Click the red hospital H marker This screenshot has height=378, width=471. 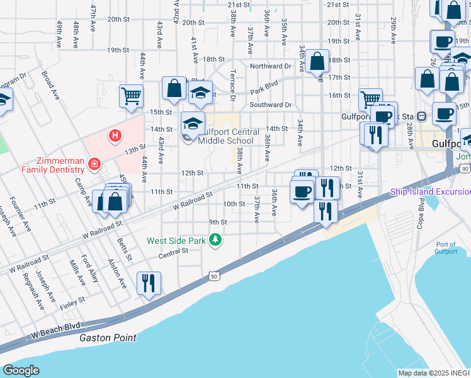click(115, 135)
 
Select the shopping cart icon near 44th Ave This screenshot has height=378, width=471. click(132, 96)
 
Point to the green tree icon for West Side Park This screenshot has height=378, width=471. click(215, 240)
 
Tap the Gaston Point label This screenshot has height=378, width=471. click(108, 338)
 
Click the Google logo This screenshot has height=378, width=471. click(21, 370)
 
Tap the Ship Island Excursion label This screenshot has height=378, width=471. click(430, 192)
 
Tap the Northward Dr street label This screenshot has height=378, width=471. click(271, 66)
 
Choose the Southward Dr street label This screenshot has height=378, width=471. click(271, 105)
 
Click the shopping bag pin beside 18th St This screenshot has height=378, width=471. click(317, 62)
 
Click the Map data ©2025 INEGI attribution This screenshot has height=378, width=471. click(434, 373)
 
